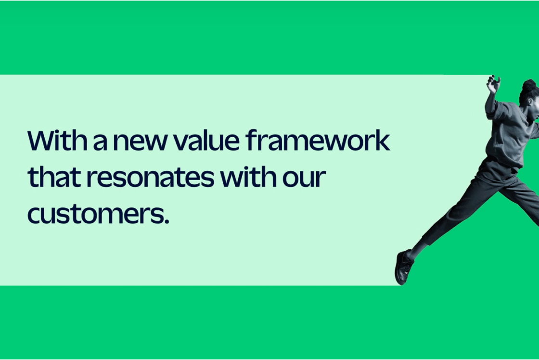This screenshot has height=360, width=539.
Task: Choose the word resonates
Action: pyautogui.click(x=150, y=178)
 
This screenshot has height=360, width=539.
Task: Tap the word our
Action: pyautogui.click(x=304, y=179)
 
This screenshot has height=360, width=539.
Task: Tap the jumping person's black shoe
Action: pyautogui.click(x=403, y=267)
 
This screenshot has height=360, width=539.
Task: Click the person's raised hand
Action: pyautogui.click(x=493, y=84)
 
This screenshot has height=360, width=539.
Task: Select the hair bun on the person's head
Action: pyautogui.click(x=529, y=85)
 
